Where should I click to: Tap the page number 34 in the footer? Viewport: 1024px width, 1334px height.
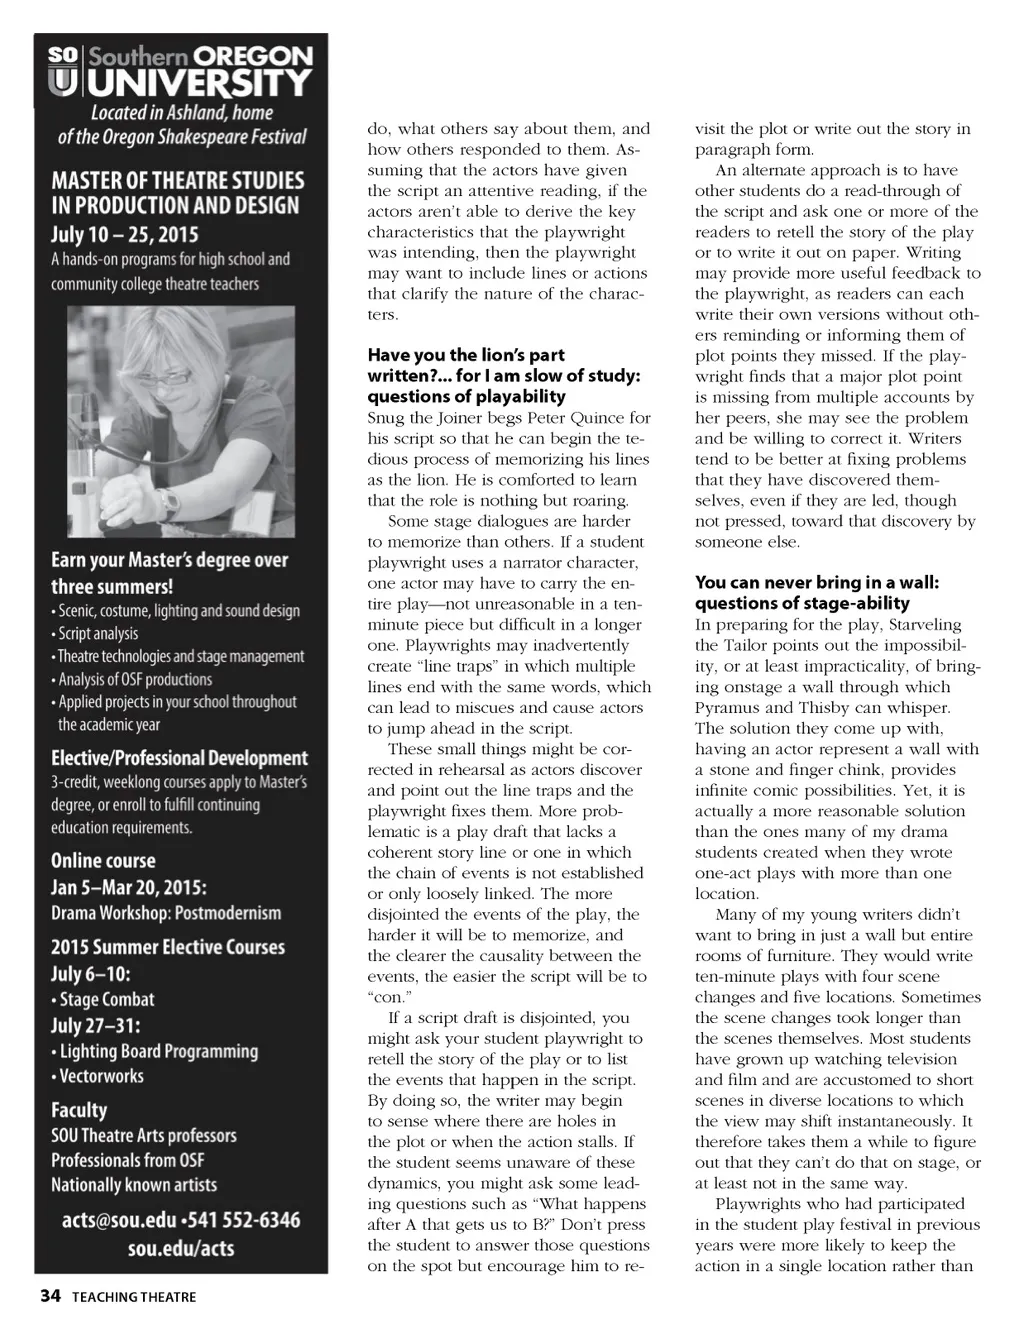(50, 1297)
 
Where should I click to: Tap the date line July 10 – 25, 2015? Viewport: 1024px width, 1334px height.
(125, 235)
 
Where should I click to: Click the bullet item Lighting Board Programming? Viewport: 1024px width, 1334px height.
(158, 1051)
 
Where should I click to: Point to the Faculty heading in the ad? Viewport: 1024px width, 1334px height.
(79, 1109)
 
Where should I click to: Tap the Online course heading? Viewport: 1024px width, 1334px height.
(103, 860)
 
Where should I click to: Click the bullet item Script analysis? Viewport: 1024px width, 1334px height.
(98, 633)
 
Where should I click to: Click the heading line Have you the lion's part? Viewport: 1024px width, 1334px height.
(466, 355)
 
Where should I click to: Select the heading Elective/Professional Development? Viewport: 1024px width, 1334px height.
(179, 758)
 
